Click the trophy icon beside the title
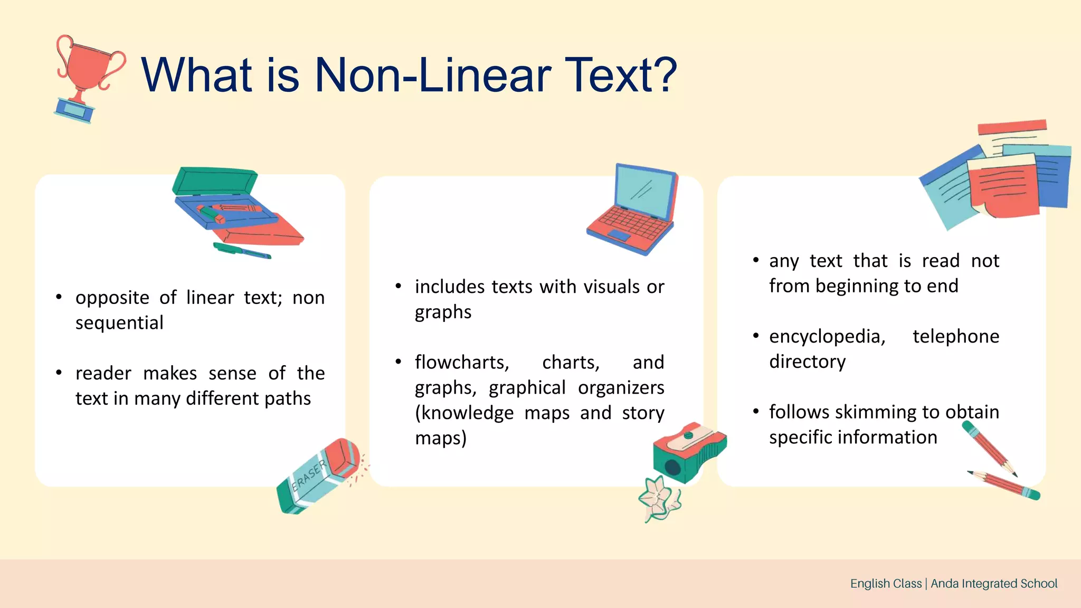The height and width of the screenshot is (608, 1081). tap(87, 77)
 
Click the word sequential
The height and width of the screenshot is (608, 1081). tap(119, 322)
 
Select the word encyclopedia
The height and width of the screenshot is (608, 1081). tap(827, 336)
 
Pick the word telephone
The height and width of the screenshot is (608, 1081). tap(955, 336)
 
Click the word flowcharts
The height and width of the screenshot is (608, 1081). tap(462, 363)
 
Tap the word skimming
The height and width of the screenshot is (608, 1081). tap(876, 412)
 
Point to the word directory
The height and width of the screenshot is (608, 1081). tap(807, 362)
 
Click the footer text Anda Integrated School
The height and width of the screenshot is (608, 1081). tap(994, 583)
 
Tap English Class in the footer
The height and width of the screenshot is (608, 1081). tap(886, 583)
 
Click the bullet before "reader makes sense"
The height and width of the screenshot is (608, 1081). tap(59, 373)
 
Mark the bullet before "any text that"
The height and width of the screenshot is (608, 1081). tap(756, 260)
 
